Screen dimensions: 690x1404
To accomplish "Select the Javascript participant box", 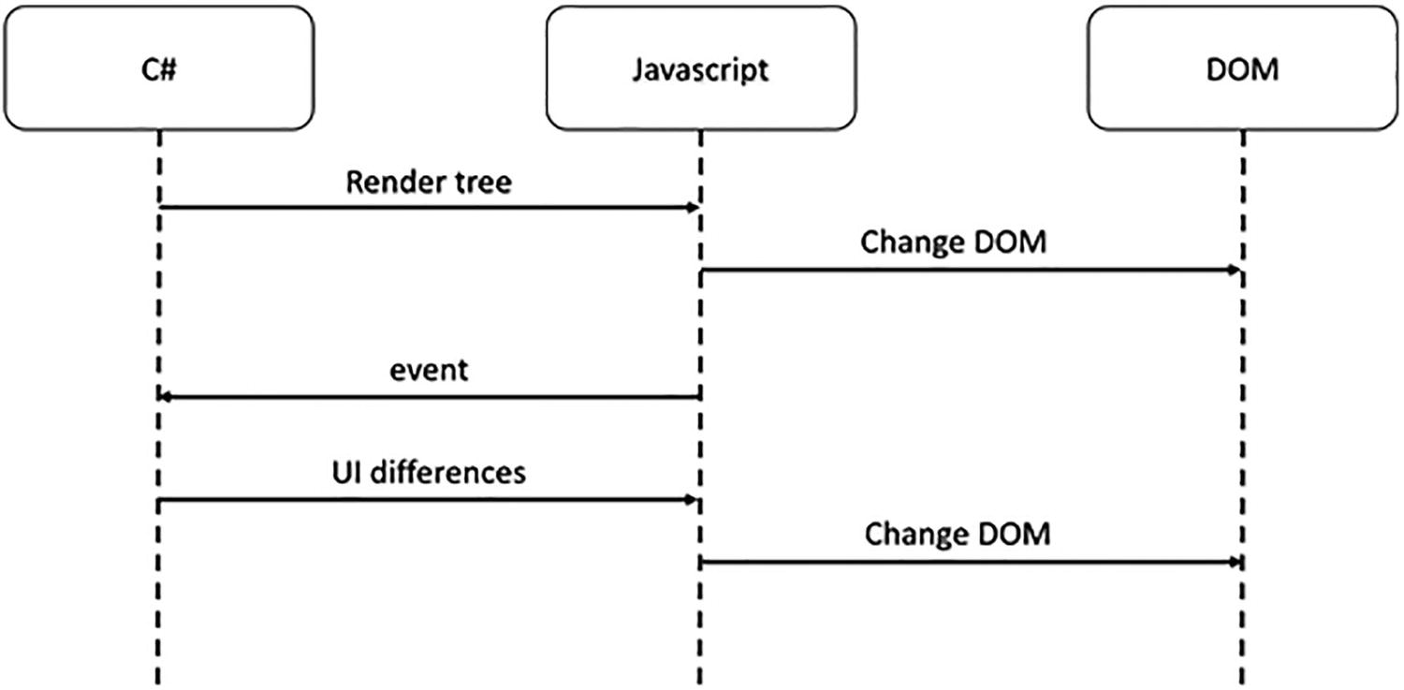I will click(x=700, y=68).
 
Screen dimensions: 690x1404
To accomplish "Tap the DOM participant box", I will click(x=1243, y=68).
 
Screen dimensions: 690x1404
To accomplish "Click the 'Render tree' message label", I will click(x=429, y=182).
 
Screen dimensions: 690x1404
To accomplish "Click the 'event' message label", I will click(x=429, y=371).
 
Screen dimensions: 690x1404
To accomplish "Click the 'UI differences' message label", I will click(x=429, y=473).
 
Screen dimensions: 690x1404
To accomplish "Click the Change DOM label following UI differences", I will click(x=957, y=534).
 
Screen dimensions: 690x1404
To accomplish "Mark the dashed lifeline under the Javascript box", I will click(x=700, y=618).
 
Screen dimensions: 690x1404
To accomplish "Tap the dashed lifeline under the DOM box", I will click(x=1243, y=618).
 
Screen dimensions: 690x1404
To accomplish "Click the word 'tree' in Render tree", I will click(x=480, y=182).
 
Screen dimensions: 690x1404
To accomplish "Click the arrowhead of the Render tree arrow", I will click(x=693, y=207).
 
